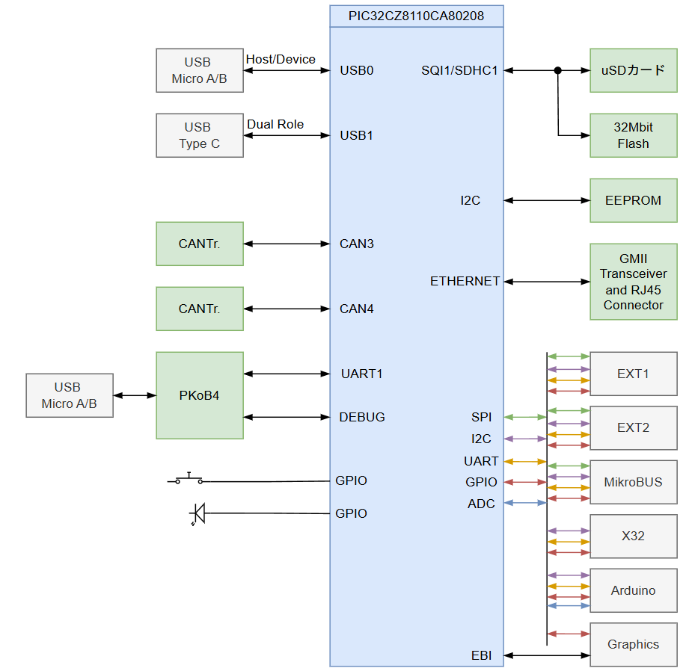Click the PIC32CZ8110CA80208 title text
pyautogui.click(x=416, y=16)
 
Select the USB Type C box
pyautogui.click(x=200, y=135)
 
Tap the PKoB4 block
pyautogui.click(x=200, y=395)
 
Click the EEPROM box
pyautogui.click(x=633, y=200)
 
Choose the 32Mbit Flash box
pyautogui.click(x=633, y=135)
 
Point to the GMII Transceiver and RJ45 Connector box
pyautogui.click(x=633, y=282)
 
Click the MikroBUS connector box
pyautogui.click(x=633, y=482)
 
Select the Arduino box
pyautogui.click(x=633, y=590)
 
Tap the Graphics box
pyautogui.click(x=633, y=644)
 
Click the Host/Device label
pyautogui.click(x=281, y=59)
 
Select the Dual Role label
pyautogui.click(x=275, y=124)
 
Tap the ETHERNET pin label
pyautogui.click(x=465, y=281)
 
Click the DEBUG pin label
pyautogui.click(x=362, y=417)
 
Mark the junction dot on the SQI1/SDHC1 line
pyautogui.click(x=557, y=70)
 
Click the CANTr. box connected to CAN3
pyautogui.click(x=200, y=244)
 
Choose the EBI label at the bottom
pyautogui.click(x=481, y=656)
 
